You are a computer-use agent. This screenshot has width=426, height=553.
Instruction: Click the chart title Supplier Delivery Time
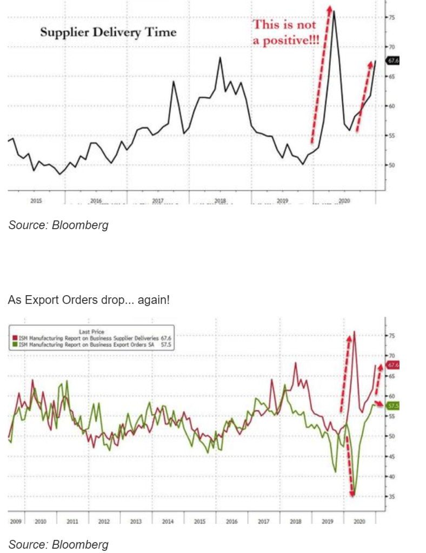[108, 32]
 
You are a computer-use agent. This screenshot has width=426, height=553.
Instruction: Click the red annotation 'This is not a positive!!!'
[286, 33]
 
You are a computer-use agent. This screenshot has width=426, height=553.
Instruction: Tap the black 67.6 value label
[392, 61]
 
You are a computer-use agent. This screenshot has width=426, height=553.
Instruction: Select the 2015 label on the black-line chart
[36, 201]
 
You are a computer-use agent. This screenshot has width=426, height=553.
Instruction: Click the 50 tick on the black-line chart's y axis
[392, 164]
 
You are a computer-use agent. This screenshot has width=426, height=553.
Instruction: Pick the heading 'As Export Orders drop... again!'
[89, 299]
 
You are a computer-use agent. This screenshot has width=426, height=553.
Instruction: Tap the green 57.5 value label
[392, 405]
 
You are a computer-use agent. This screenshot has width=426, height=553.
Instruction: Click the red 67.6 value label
[392, 365]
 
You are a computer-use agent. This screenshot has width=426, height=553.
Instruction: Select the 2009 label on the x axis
[15, 522]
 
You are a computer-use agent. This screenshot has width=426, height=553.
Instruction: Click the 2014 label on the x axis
[168, 522]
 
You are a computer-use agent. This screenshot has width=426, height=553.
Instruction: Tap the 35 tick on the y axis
[392, 496]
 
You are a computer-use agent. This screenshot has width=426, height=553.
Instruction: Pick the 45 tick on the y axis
[392, 456]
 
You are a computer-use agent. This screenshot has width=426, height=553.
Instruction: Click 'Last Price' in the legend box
[91, 331]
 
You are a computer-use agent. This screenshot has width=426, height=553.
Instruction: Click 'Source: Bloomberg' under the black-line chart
[58, 225]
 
